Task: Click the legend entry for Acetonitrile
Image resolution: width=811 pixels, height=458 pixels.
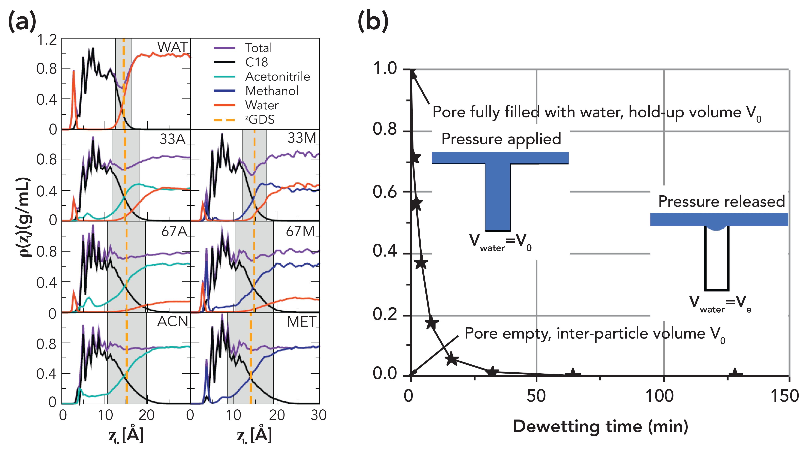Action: (x=277, y=77)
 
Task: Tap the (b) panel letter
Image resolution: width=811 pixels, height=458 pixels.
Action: (x=373, y=21)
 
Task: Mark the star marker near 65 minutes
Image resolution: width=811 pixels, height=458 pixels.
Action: (x=573, y=374)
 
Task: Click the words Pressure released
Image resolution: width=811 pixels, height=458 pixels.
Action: (x=721, y=201)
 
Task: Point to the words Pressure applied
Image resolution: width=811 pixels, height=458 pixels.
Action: (x=501, y=139)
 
